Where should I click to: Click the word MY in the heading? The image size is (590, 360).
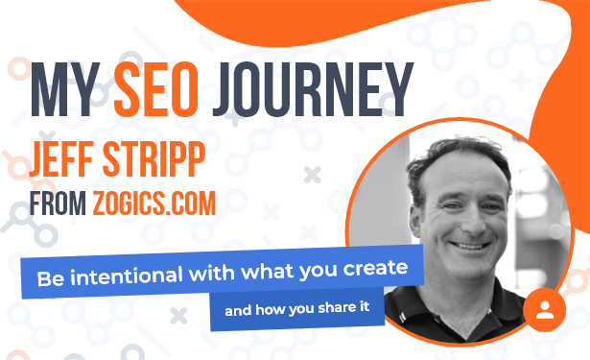pos(64,89)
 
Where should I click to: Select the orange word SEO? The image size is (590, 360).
pos(155,89)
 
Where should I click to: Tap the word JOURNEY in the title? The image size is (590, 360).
pos(313,89)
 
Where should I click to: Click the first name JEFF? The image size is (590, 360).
pos(61,159)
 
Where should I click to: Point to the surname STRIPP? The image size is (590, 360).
pos(153,159)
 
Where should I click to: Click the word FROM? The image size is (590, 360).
pos(58,204)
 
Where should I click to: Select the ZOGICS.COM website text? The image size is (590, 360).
pos(154,204)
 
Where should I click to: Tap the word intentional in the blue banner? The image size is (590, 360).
pos(127,276)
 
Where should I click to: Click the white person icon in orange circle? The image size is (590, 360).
pos(545,310)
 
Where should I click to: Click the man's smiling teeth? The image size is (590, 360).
pos(470,247)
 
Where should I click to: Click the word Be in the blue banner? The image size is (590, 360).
pos(51,279)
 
